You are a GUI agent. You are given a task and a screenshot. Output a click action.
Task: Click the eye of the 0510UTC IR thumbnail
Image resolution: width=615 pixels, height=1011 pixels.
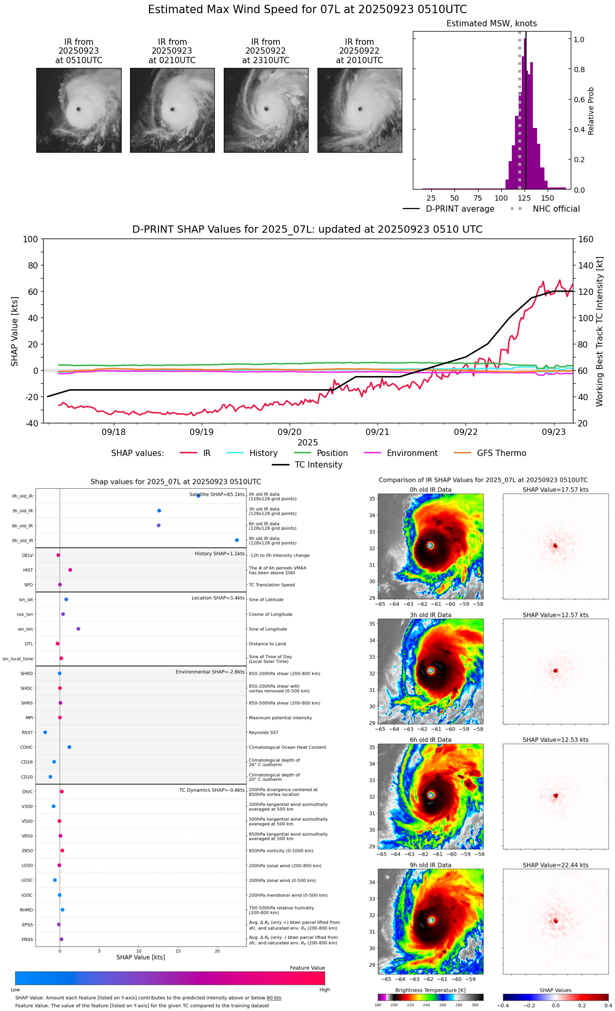point(78,110)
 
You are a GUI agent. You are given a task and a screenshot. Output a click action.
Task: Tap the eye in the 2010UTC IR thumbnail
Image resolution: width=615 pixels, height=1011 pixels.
point(360,109)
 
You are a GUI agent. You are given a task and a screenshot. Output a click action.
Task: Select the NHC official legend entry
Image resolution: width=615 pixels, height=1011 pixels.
point(556,209)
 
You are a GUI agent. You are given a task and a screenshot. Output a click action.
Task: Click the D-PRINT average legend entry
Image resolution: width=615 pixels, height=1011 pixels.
point(460,209)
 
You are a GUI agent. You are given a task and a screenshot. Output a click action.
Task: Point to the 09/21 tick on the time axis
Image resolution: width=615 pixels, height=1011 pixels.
point(378,432)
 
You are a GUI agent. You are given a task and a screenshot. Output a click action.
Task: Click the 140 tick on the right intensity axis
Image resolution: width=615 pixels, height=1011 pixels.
point(586,265)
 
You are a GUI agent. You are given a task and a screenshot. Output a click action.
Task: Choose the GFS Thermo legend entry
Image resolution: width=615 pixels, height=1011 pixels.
point(501,453)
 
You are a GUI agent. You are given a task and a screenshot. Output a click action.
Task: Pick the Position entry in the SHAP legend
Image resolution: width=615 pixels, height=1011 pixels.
point(332,453)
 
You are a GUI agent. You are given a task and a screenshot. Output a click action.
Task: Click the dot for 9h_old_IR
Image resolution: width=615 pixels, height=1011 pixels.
point(237,540)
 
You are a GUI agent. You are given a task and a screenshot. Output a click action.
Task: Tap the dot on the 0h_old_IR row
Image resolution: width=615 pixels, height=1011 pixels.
point(199,496)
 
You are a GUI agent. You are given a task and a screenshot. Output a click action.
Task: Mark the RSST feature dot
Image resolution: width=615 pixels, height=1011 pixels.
point(45,732)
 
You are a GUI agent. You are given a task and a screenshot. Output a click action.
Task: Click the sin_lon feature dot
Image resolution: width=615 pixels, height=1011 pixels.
point(78,629)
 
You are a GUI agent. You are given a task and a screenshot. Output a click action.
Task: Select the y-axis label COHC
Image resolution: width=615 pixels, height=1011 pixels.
point(26,747)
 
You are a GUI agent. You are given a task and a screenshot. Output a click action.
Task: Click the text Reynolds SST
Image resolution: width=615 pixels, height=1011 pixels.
point(264,732)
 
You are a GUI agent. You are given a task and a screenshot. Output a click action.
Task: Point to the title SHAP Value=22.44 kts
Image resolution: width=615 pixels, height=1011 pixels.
point(556,865)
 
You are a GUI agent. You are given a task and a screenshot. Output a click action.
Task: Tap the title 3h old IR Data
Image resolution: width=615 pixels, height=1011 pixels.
point(430,615)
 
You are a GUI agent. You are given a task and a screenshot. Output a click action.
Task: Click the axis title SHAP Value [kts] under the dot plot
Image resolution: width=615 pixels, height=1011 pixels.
point(141,957)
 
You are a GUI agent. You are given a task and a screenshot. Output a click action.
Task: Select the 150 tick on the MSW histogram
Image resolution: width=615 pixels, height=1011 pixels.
point(548,198)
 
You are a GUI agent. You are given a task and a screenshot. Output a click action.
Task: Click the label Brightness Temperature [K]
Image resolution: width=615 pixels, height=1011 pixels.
point(430,990)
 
